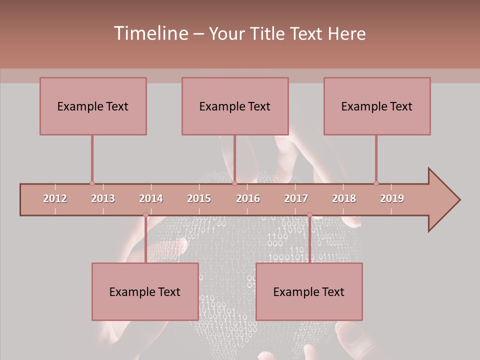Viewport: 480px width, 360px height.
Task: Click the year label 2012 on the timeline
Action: (55, 198)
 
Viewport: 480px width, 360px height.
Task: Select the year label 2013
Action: (103, 198)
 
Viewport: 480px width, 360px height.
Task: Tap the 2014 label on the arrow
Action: (151, 198)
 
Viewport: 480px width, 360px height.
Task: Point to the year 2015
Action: (199, 198)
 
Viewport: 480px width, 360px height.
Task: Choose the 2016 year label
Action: (248, 198)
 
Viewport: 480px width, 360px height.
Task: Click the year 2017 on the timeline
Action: (296, 198)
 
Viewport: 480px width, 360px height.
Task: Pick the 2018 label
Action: (344, 198)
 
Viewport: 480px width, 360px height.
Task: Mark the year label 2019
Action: (392, 198)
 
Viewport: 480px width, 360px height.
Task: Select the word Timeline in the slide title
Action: (150, 33)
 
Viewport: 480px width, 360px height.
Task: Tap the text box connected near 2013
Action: (93, 106)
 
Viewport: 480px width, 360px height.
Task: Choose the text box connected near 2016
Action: (235, 106)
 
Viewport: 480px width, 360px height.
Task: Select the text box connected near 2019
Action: (377, 106)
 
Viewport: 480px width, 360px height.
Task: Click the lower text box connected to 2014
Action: (145, 291)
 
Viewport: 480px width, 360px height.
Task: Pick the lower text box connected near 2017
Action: (309, 291)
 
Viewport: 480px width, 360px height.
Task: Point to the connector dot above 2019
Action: (376, 183)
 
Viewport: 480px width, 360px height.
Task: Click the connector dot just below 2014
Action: (145, 215)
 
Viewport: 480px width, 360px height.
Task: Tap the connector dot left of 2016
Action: (234, 183)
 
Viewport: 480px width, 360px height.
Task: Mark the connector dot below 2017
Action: (309, 215)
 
